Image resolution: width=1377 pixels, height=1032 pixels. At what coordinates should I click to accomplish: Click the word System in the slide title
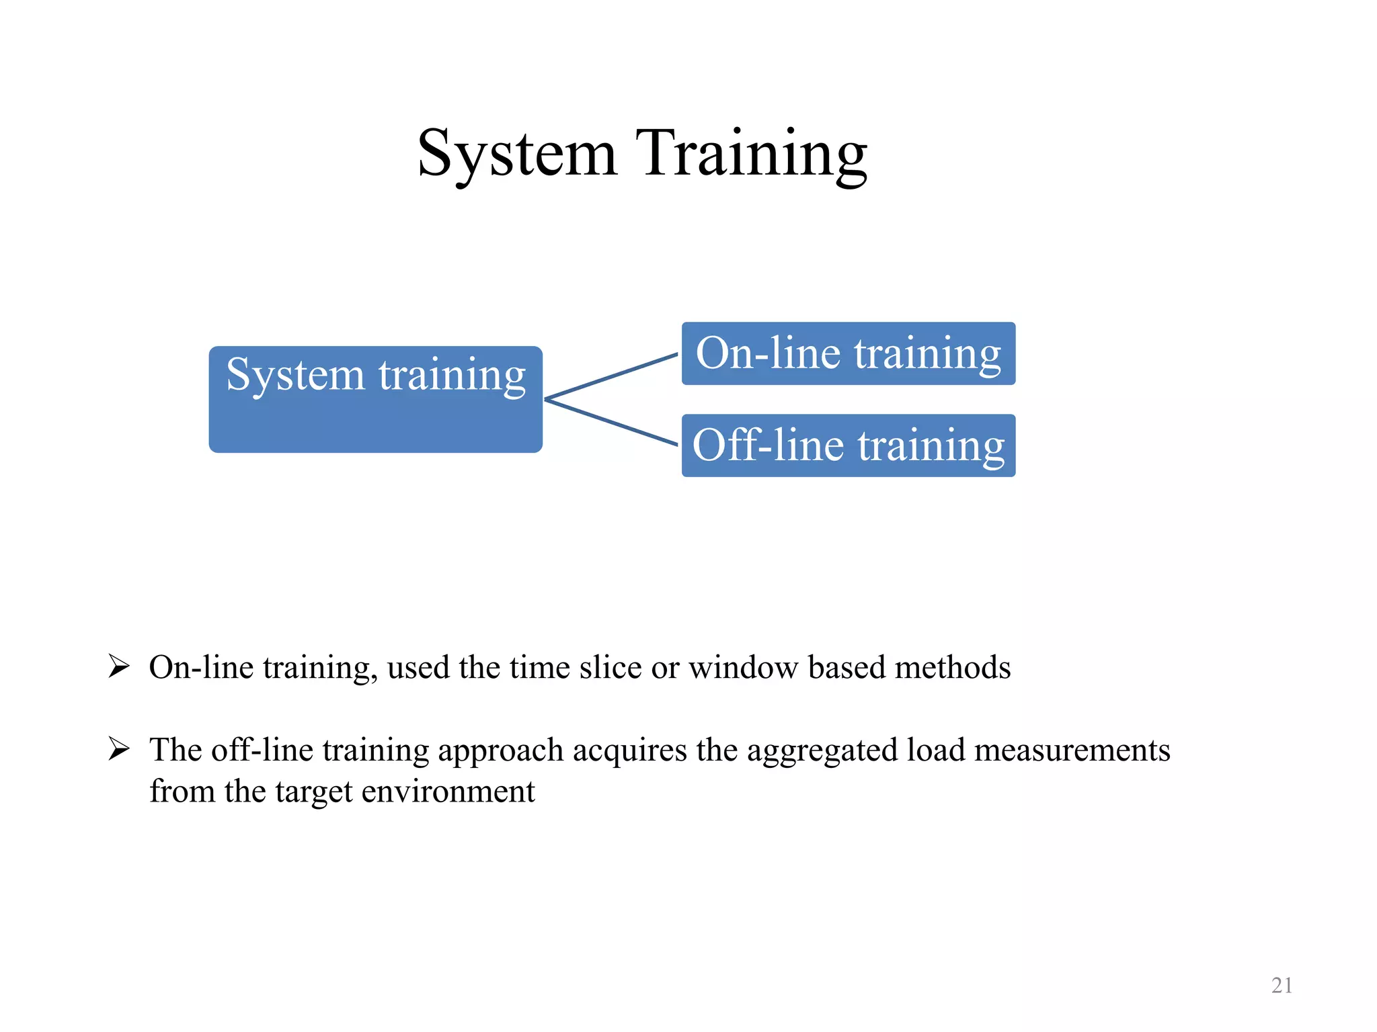click(516, 155)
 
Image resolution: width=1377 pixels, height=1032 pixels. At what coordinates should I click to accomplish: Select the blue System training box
click(375, 399)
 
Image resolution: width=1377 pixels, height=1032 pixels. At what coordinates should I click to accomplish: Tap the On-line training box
click(848, 353)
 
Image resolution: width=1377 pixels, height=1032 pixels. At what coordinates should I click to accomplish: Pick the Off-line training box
click(848, 445)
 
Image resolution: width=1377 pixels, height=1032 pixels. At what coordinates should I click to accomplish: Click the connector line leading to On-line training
click(611, 376)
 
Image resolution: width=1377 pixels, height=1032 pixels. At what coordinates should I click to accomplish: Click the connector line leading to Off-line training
click(611, 423)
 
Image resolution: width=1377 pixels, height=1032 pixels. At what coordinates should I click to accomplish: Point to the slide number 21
click(1282, 985)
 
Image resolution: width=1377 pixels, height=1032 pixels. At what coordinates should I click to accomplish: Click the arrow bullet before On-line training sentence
click(119, 666)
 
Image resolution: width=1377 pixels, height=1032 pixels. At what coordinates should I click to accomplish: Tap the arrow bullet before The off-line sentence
click(119, 748)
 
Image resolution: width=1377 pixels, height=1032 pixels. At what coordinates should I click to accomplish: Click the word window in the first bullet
click(743, 668)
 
